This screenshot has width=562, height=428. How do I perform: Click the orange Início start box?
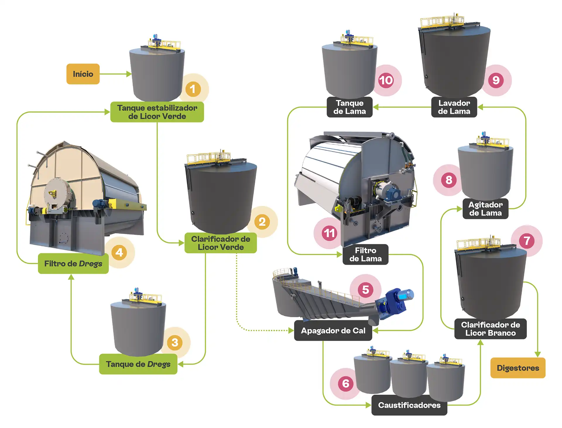click(83, 74)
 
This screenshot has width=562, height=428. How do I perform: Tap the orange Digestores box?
click(518, 368)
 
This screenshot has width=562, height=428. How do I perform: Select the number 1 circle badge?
click(193, 89)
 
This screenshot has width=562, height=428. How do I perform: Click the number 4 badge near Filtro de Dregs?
click(119, 252)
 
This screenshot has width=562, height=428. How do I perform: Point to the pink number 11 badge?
click(329, 233)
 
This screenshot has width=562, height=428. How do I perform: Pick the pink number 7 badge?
click(527, 241)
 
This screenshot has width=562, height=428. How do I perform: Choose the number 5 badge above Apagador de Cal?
click(365, 290)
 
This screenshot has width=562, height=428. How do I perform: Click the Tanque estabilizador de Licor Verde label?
click(157, 112)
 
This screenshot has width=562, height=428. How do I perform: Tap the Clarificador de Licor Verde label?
click(220, 243)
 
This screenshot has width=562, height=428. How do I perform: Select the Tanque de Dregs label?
click(138, 364)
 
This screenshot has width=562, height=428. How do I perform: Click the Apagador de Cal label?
click(333, 331)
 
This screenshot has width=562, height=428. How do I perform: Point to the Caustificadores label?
click(409, 405)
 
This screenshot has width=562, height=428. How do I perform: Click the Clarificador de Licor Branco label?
click(490, 329)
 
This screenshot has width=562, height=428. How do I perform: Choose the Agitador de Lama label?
click(485, 209)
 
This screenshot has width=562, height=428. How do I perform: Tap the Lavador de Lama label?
click(454, 107)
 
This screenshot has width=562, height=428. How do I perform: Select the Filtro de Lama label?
click(365, 254)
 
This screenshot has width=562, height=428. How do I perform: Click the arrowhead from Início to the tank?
click(129, 74)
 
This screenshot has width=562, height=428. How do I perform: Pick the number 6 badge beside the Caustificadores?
click(345, 383)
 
